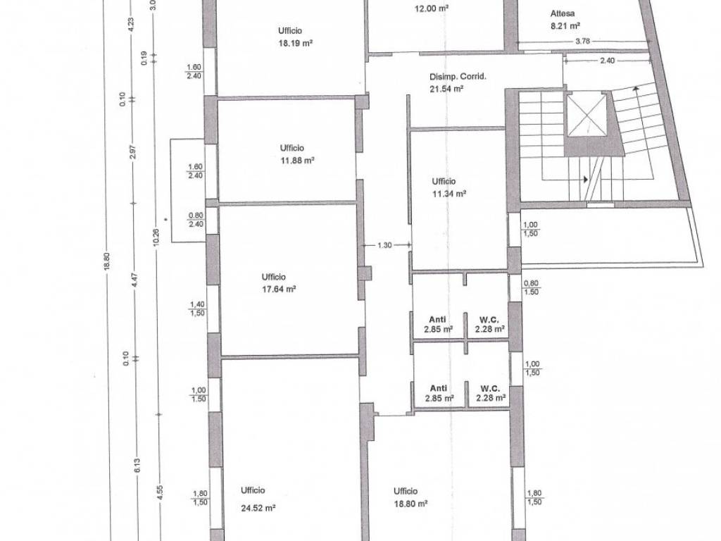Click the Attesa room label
562,14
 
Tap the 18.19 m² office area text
296,43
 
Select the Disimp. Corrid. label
458,77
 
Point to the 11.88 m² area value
297,161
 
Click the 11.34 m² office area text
449,194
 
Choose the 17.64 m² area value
279,290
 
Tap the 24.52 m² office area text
258,509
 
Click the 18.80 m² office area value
410,504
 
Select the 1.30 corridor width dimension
385,245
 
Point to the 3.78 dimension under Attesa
582,41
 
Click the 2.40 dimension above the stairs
608,61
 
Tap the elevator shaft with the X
587,116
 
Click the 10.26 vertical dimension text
156,237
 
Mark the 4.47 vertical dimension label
134,280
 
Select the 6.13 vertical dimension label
137,465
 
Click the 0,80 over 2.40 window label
196,220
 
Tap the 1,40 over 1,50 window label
198,309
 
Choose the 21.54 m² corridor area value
446,89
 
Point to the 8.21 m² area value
565,26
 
